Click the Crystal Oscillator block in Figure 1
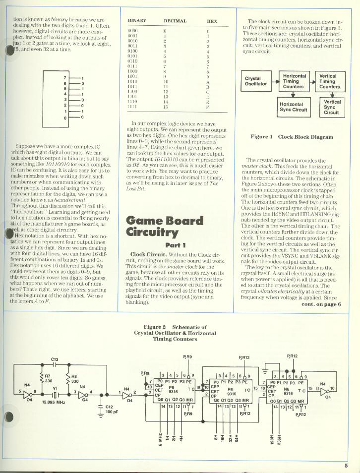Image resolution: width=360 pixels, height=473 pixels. click(x=256, y=80)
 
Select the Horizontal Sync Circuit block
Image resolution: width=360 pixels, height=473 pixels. click(x=293, y=107)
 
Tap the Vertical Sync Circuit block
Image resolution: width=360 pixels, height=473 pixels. click(x=332, y=107)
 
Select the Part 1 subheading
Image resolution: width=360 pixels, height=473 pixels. click(x=175, y=244)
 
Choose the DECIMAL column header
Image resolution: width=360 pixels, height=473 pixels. click(x=175, y=21)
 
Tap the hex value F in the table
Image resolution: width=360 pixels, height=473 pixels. click(x=208, y=107)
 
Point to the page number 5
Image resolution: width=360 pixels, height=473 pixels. click(x=346, y=465)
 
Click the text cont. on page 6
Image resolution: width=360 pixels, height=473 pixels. click(x=321, y=304)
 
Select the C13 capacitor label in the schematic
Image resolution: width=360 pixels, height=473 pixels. click(x=55, y=358)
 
